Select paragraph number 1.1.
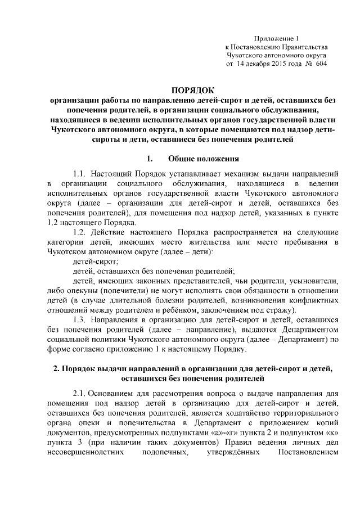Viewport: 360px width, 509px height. pyautogui.click(x=79, y=173)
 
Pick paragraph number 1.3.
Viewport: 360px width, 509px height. pyautogui.click(x=79, y=319)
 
